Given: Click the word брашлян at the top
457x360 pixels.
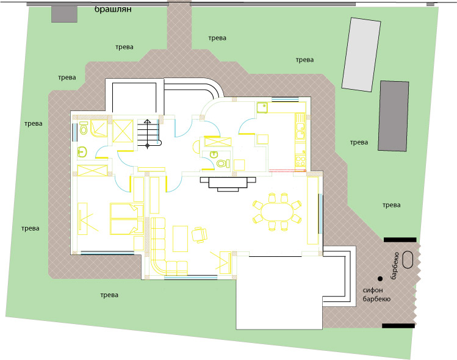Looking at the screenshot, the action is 113,9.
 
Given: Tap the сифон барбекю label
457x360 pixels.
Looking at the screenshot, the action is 376,295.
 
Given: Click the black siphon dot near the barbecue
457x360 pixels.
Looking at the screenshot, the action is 380,279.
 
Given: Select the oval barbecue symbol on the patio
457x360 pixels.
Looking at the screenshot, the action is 408,259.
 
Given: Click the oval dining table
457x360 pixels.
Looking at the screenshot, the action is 277,212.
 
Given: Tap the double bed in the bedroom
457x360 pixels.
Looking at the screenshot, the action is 127,219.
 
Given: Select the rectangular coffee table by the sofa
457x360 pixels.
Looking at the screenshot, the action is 180,239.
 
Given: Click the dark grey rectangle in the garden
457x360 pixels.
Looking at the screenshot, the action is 394,116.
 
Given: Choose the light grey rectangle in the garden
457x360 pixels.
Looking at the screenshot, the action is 361,55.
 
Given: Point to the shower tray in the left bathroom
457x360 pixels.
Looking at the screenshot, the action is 98,128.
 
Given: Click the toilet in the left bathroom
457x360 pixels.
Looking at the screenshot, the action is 84,128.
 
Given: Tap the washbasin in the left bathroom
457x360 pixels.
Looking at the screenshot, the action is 82,152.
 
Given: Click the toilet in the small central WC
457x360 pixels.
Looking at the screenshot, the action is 223,164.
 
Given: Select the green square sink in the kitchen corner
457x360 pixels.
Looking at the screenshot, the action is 262,107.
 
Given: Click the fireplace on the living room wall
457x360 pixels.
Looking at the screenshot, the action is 228,184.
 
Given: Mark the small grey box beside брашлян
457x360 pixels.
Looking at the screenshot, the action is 65,14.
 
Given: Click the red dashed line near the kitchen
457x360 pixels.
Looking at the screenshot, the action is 287,170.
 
